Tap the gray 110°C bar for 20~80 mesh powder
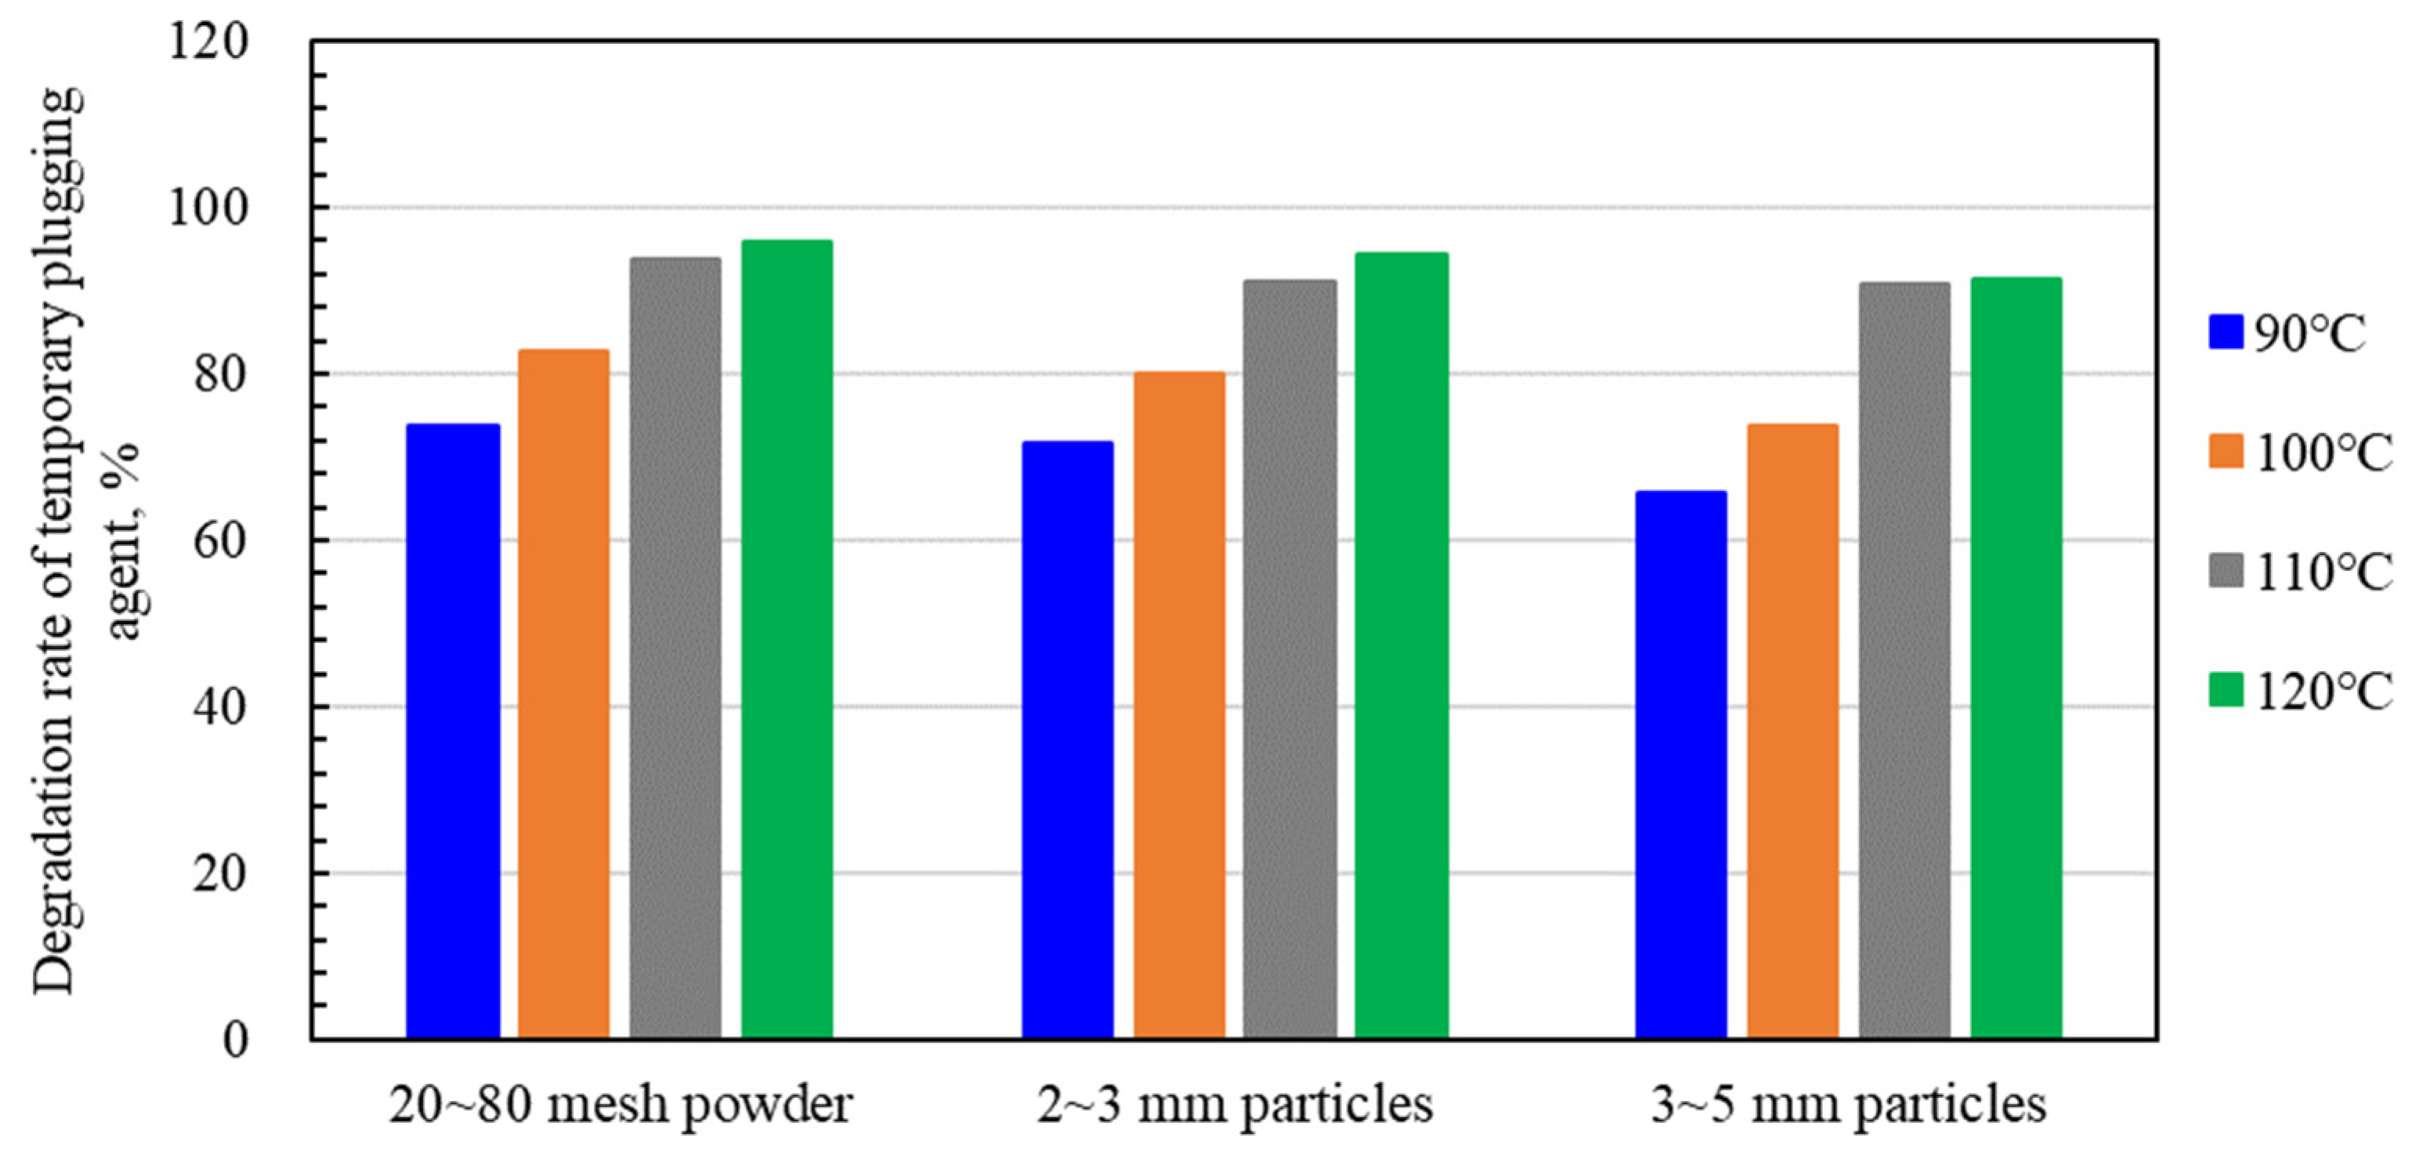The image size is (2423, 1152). pos(675,649)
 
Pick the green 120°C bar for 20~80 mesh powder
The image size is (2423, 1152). pos(787,640)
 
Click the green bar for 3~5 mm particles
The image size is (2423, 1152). pos(2016,659)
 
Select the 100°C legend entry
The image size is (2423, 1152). pos(2301,453)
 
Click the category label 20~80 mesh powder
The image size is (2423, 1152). pos(620,1106)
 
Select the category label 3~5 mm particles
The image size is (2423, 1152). pos(1848,1106)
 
